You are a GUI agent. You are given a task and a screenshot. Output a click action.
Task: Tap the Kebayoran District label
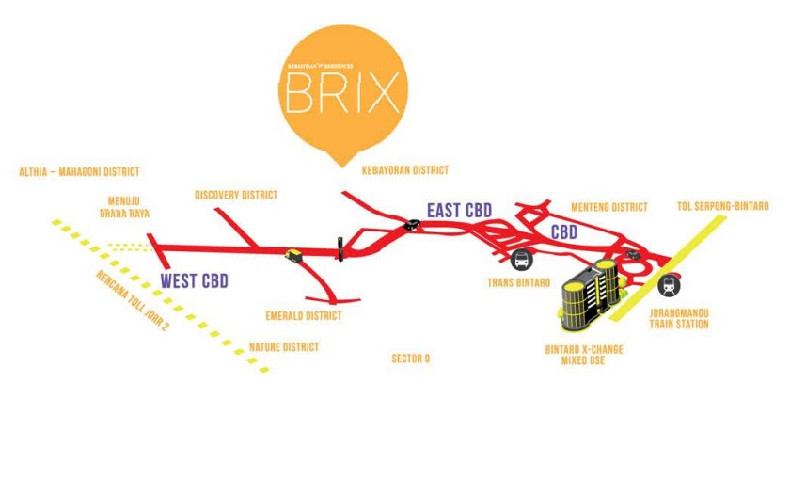coord(405,170)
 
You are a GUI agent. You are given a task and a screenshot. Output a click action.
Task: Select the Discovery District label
coord(236,195)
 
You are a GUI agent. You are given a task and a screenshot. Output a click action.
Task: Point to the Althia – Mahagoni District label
coord(79,172)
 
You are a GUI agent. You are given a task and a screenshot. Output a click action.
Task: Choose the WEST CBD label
coord(194,280)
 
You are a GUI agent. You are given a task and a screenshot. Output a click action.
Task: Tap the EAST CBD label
coord(459,210)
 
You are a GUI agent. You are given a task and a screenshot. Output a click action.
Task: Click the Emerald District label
coord(304,316)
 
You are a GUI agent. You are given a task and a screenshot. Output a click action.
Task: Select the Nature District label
coord(283,347)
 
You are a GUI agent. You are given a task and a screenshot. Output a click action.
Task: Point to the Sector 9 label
coord(410,359)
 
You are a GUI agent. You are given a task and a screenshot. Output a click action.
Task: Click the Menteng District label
coord(609,207)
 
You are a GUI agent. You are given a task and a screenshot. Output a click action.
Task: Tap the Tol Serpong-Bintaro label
coord(723,206)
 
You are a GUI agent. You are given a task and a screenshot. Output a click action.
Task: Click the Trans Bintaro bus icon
coord(521,261)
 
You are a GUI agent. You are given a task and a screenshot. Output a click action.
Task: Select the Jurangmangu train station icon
coord(669,284)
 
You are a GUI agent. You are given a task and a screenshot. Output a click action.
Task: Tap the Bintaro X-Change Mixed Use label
coord(584,355)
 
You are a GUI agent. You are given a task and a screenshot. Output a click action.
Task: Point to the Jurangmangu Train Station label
coord(678,319)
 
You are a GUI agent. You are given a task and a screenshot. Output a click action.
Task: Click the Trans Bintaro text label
coord(518,281)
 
